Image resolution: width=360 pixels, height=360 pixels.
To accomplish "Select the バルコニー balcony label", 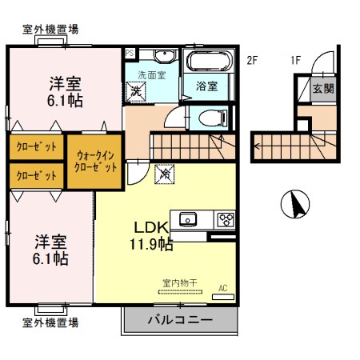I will pyautogui.click(x=179, y=322).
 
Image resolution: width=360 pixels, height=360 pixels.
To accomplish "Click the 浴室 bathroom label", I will pyautogui.click(x=208, y=86).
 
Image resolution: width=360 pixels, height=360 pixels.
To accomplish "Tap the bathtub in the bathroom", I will pyautogui.click(x=208, y=62).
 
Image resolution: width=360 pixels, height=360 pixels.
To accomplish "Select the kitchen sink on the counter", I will pyautogui.click(x=189, y=218).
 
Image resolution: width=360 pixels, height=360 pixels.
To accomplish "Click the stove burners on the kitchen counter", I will pyautogui.click(x=225, y=218).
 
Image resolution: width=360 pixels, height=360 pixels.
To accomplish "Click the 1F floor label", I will pyautogui.click(x=295, y=59).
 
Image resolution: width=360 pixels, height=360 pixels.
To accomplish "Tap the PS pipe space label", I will pyautogui.click(x=129, y=54).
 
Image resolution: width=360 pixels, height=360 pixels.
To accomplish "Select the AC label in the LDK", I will pyautogui.click(x=223, y=287).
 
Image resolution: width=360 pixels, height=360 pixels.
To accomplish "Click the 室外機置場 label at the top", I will pyautogui.click(x=50, y=30).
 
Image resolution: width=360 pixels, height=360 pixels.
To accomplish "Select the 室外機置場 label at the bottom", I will pyautogui.click(x=50, y=322).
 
